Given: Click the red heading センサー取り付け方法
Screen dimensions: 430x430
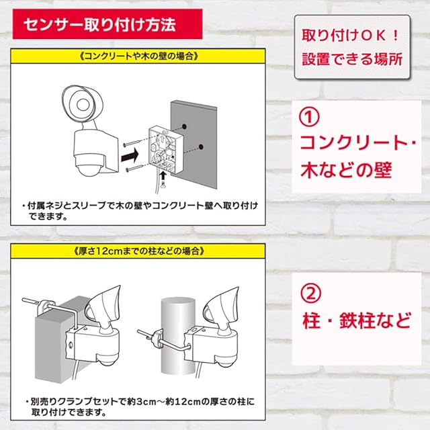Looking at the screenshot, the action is tap(107, 24).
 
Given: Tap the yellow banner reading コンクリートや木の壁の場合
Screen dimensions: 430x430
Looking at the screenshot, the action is tap(138, 56).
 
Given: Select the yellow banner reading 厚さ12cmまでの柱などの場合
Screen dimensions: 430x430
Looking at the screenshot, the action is tap(138, 251).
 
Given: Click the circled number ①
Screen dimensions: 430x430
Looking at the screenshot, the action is tap(309, 116).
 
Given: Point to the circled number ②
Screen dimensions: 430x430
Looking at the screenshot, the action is tap(310, 293).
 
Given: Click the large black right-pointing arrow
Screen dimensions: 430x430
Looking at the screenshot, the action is tap(130, 157).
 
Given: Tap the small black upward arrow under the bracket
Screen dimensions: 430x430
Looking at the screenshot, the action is tap(163, 176).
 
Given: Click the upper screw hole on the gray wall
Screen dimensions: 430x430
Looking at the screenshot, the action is tap(184, 126).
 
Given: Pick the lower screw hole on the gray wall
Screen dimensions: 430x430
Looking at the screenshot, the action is tap(201, 146).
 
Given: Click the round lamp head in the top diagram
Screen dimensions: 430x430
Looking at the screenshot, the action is tap(82, 104).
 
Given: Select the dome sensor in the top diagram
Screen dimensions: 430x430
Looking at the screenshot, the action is tap(88, 169).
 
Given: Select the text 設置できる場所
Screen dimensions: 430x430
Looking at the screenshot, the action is tap(352, 59).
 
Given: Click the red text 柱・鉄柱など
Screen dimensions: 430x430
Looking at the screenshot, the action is tap(357, 320).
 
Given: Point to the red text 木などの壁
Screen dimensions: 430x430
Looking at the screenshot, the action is tap(347, 170).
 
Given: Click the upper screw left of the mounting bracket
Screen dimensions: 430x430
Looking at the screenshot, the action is tap(134, 143).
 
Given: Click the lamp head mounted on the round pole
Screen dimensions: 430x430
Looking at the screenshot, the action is tap(220, 305).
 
